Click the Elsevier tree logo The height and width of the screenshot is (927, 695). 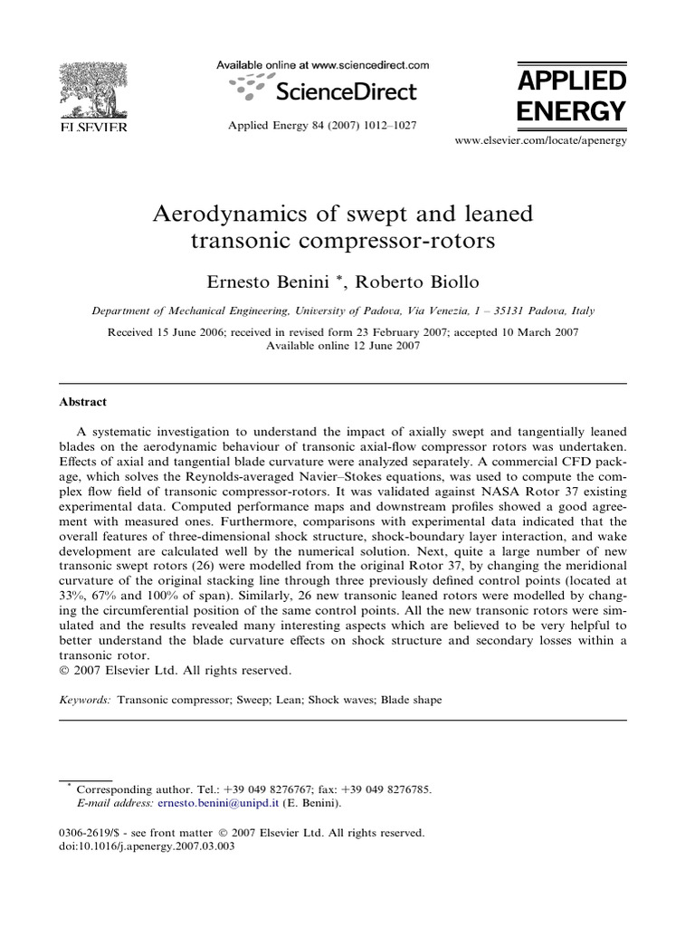(x=93, y=91)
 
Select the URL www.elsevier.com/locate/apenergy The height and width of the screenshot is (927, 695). (x=540, y=140)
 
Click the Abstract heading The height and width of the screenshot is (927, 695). (x=82, y=402)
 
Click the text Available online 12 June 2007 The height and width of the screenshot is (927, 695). (x=343, y=345)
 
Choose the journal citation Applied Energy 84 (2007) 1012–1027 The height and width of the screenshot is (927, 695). (x=322, y=125)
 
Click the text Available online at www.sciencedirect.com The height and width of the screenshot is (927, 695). (x=322, y=65)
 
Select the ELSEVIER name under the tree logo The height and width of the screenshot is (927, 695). (x=93, y=126)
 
